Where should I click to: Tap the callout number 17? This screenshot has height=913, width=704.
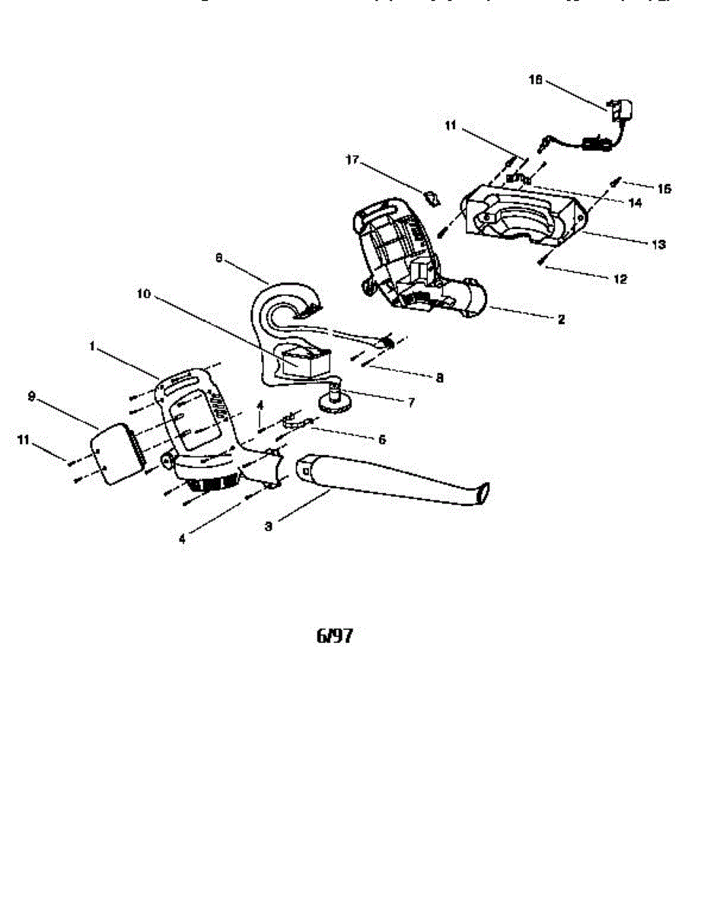click(352, 161)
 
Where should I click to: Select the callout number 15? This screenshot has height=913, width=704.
click(664, 188)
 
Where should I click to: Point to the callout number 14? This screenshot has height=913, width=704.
click(636, 203)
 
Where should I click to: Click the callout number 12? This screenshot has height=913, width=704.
click(620, 279)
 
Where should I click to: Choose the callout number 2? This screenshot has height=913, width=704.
click(561, 320)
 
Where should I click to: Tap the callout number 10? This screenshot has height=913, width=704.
click(145, 293)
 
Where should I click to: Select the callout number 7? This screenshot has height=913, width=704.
click(411, 402)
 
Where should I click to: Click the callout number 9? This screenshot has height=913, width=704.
click(31, 396)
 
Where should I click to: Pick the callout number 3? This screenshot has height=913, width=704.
click(268, 526)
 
